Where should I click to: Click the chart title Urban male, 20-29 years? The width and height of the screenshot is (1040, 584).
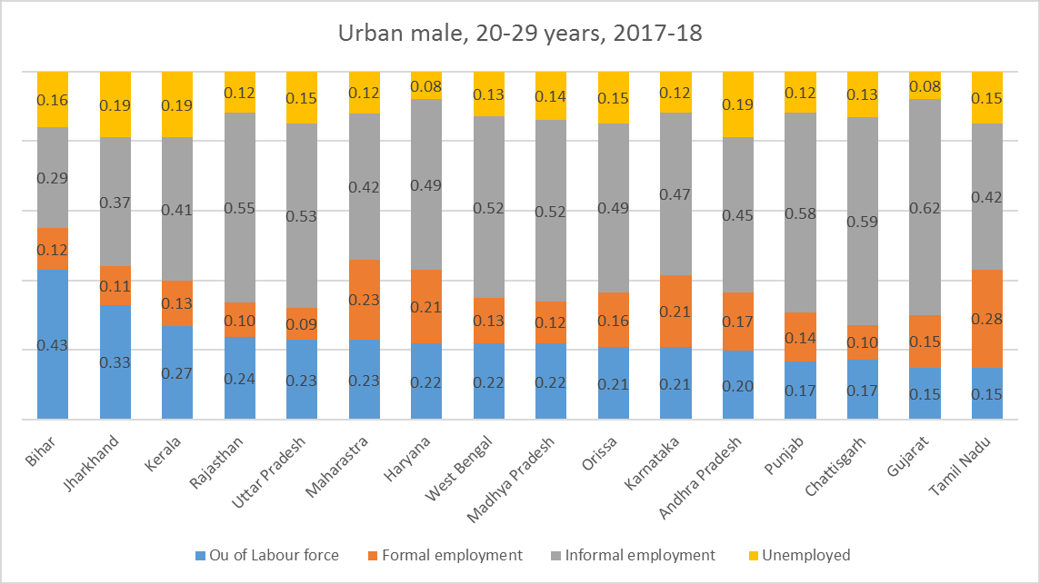(520, 34)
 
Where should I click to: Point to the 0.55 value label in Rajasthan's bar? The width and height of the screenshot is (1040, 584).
(241, 207)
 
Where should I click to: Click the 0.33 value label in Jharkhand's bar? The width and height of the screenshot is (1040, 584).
(116, 361)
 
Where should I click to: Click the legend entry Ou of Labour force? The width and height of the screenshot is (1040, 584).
(267, 555)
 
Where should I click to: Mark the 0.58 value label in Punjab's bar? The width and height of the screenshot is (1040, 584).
(801, 212)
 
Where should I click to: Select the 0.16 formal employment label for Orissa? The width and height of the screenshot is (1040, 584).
(614, 321)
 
